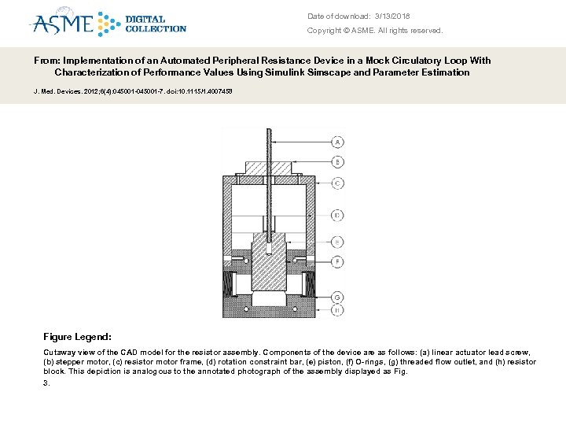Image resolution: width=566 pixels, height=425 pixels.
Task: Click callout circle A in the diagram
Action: click(337, 142)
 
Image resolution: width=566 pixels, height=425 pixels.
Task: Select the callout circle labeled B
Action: click(337, 161)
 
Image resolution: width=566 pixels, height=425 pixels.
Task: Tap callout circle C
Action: click(337, 183)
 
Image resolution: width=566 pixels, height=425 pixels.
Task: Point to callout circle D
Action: click(337, 214)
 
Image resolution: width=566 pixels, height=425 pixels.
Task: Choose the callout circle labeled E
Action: click(337, 242)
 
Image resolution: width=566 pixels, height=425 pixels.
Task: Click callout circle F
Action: click(337, 261)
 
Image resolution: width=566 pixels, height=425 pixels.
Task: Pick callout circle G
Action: click(337, 297)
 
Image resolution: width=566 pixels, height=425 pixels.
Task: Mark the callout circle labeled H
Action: click(337, 309)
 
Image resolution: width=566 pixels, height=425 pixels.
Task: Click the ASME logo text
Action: click(63, 24)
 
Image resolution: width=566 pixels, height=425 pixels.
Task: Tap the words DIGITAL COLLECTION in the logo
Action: click(155, 24)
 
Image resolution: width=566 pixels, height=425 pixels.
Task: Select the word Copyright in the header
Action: click(325, 31)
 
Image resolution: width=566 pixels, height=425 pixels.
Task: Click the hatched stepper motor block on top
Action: click(268, 168)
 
